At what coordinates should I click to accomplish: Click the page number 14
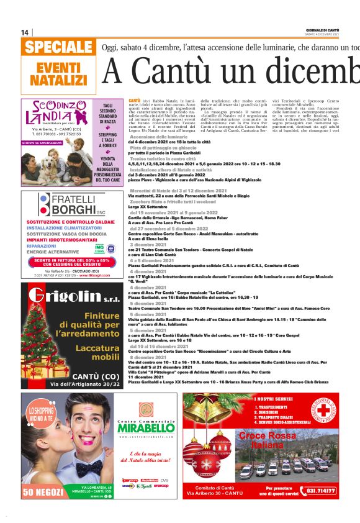tap(25, 32)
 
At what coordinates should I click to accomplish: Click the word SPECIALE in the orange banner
tap(60, 47)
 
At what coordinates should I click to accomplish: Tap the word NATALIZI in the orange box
tap(58, 80)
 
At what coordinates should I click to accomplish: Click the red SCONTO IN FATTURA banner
tap(69, 262)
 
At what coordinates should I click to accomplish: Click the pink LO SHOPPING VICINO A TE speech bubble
tap(43, 432)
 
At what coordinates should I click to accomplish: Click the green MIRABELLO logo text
tap(146, 429)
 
